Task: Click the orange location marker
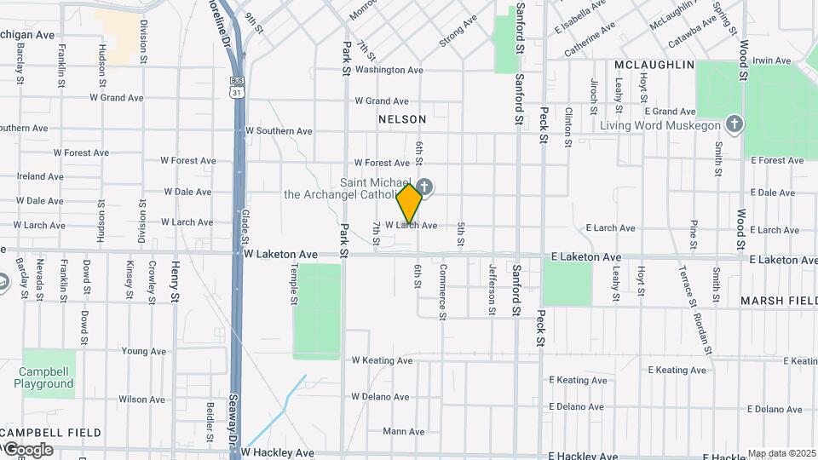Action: click(410, 204)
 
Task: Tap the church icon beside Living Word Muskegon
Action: click(734, 125)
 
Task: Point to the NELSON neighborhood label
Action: click(401, 120)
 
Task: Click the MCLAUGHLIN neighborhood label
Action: click(654, 65)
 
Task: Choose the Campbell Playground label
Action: click(43, 377)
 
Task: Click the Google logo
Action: click(27, 450)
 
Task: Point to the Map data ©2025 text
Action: click(782, 453)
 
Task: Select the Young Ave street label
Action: click(143, 351)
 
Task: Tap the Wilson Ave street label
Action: click(141, 399)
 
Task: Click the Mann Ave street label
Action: click(403, 432)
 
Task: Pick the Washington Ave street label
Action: click(389, 70)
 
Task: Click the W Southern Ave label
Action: click(278, 131)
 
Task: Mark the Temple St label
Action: click(293, 284)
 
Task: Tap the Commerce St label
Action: click(442, 291)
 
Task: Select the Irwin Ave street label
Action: click(772, 61)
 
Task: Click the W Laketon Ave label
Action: click(280, 254)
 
